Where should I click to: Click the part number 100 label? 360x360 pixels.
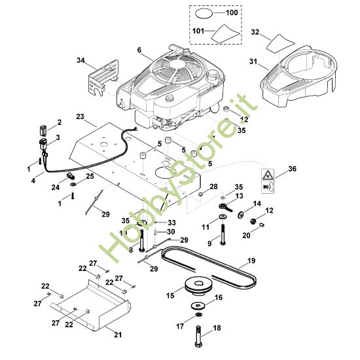coord(232,12)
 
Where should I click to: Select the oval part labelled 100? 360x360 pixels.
coord(204,13)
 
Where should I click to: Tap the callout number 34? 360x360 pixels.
coord(81,60)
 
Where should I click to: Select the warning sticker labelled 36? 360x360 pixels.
coord(268,181)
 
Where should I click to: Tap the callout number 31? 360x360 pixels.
coord(253,62)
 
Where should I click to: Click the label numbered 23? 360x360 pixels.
coord(80,117)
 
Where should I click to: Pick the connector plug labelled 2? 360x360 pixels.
coord(43,130)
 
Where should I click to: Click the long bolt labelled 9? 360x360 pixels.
coord(223,234)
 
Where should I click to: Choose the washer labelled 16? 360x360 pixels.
coord(198,306)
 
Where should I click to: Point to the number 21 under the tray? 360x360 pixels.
coord(118,334)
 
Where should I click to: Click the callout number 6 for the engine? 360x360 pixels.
coord(139,50)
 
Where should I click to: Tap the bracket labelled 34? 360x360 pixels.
coord(104,77)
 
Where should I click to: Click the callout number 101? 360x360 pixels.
coord(198,31)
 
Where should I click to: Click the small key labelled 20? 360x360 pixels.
coord(262,225)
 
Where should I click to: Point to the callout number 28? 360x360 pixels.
coord(213,187)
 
